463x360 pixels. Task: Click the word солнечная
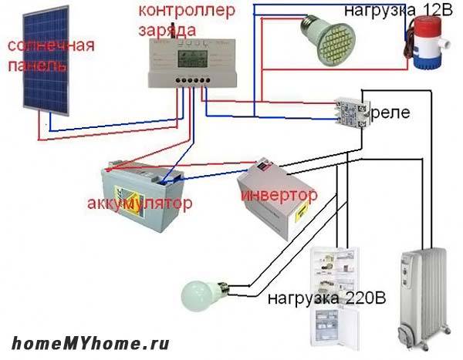tap(51, 46)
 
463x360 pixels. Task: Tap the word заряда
tap(167, 29)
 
